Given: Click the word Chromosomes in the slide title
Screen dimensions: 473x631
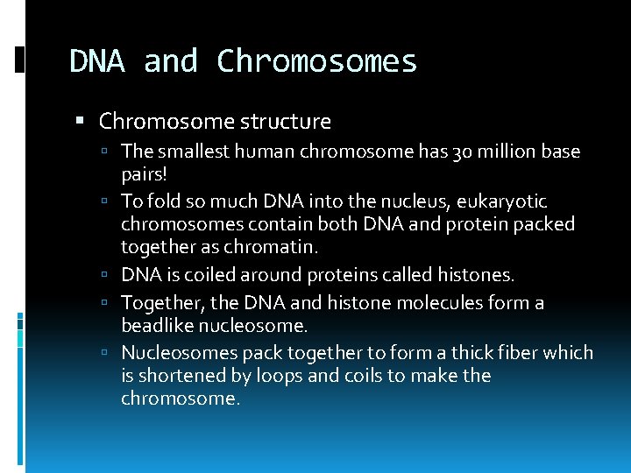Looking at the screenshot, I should pos(316,61).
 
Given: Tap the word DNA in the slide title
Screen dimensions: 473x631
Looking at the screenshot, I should pos(99,61).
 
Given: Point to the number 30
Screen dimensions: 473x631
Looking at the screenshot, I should pos(454,152).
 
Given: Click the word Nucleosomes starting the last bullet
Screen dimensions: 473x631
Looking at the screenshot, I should pos(174,353).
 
